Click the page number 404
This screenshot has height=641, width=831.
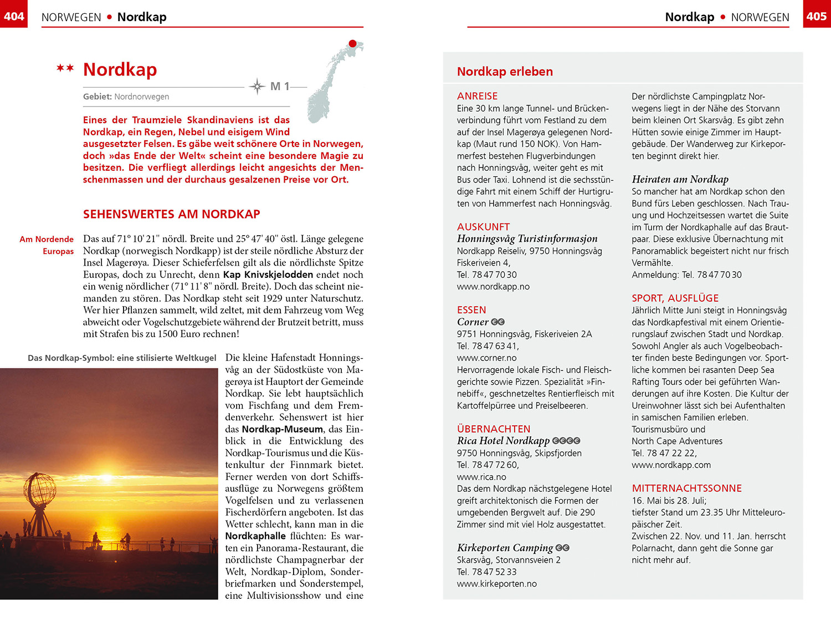tap(14, 16)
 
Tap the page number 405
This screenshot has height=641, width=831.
tap(817, 16)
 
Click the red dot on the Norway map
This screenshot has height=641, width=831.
tap(352, 44)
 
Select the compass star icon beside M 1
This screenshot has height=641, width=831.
tap(257, 87)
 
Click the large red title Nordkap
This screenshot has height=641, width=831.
tap(120, 70)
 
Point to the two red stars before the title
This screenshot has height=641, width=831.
tap(65, 69)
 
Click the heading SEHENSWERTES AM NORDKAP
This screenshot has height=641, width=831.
tap(172, 215)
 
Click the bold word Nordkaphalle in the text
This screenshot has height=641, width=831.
tap(255, 536)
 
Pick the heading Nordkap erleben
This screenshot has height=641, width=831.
tap(505, 72)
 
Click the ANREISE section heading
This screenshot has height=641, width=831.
tap(477, 96)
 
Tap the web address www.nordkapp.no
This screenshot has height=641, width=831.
tap(493, 287)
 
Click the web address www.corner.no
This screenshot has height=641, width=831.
tap(486, 358)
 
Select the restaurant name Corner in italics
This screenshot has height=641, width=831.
tap(473, 322)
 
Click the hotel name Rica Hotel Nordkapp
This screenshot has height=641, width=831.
tap(503, 441)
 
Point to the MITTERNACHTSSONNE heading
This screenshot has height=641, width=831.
tap(686, 489)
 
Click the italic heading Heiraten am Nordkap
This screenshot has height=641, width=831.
tap(680, 179)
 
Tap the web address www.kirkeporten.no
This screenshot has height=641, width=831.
tap(496, 584)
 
